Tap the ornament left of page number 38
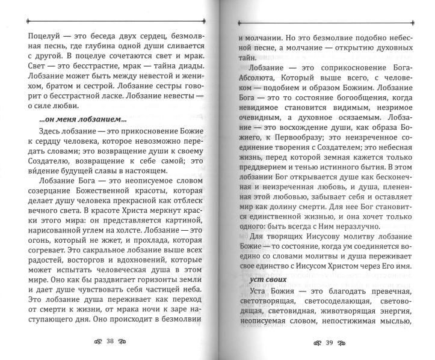click(93, 341)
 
